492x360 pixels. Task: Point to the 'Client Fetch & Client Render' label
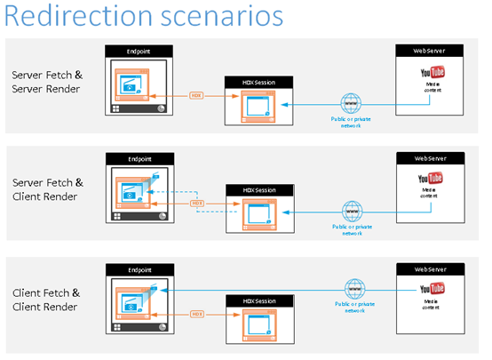44,299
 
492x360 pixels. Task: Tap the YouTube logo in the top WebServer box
432,72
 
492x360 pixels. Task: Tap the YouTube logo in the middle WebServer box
432,179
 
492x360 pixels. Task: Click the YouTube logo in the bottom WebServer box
432,288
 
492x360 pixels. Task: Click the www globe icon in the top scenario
353,104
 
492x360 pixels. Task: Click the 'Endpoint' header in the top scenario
138,52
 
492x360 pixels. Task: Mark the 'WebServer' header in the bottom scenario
432,268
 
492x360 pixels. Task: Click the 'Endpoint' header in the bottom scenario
138,268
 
